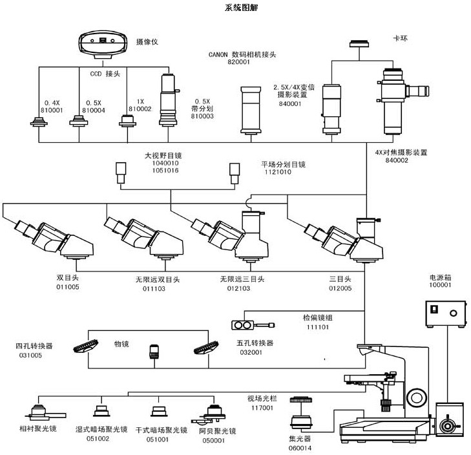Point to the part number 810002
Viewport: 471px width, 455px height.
(x=140, y=109)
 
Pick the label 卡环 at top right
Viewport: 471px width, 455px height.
(x=401, y=39)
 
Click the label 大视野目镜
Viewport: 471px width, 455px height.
(x=162, y=156)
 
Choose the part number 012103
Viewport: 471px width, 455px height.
(x=242, y=288)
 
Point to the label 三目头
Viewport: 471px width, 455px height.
(x=340, y=279)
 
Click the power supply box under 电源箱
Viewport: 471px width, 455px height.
(x=444, y=316)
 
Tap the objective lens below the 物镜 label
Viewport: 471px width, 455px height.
(x=154, y=352)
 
